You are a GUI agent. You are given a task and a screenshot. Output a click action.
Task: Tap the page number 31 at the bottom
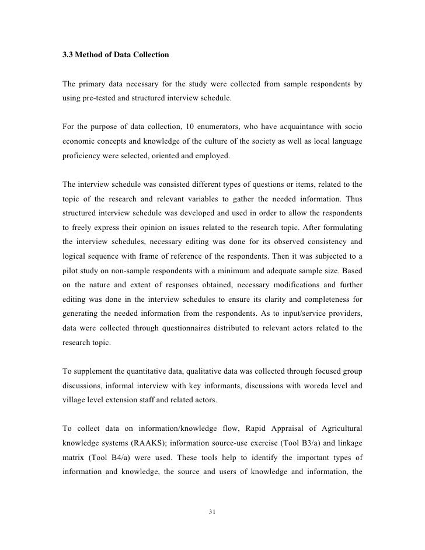212,512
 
